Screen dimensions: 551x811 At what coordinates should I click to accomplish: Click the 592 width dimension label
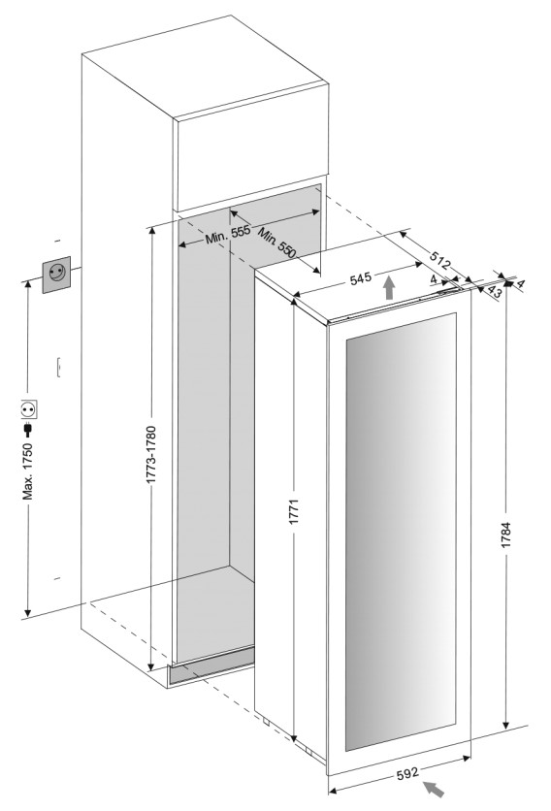click(x=407, y=774)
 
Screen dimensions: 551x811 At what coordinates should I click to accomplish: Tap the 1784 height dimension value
click(x=506, y=535)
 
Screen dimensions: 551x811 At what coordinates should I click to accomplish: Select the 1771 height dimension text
click(x=294, y=512)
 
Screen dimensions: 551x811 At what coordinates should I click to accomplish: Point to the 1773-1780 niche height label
click(x=151, y=455)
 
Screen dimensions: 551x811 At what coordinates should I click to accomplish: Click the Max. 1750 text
click(x=27, y=470)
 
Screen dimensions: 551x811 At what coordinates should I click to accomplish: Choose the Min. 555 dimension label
click(x=228, y=235)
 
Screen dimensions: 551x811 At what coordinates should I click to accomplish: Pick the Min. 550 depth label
click(x=276, y=243)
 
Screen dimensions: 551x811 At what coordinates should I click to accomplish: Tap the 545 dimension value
click(x=361, y=278)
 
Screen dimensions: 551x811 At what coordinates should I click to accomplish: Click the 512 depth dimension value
click(x=440, y=260)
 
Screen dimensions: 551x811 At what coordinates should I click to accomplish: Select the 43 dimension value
click(x=494, y=292)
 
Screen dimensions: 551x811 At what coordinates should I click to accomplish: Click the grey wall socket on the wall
click(x=56, y=275)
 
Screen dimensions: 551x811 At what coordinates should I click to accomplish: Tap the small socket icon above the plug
click(x=29, y=409)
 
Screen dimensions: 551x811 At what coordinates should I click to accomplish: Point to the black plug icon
click(x=28, y=430)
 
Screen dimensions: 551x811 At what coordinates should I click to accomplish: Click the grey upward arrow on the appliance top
click(x=389, y=287)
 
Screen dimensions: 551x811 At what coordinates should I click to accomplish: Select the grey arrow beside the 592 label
click(x=434, y=789)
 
